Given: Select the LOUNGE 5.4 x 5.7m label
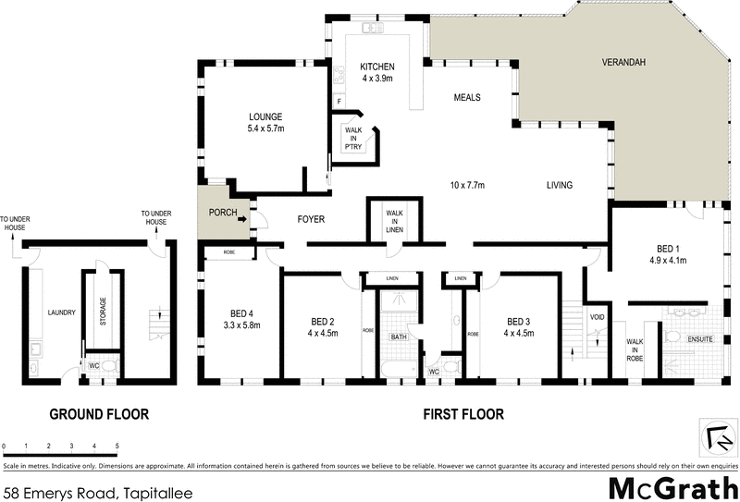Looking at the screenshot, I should click(265, 122).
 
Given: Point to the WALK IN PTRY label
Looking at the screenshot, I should click(353, 138).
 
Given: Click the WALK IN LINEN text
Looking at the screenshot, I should click(393, 222).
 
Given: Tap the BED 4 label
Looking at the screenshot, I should click(241, 319).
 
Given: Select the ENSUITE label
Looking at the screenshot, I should click(700, 340).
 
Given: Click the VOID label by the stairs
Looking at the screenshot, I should click(597, 318).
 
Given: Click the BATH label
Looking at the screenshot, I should click(399, 337).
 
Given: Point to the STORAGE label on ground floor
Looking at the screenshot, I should click(103, 311).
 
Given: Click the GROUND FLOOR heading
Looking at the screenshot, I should click(99, 414).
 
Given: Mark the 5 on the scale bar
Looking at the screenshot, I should click(117, 446).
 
